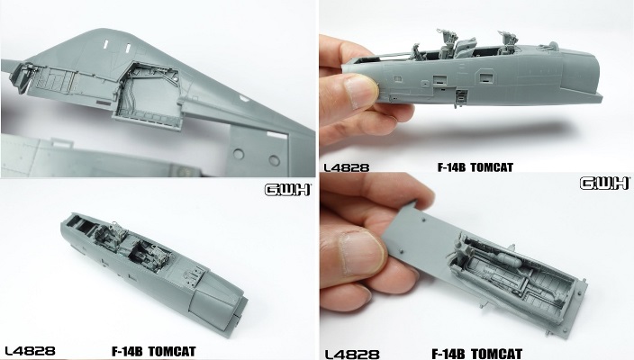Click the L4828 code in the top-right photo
tap(346, 167)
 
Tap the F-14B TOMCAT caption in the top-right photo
tap(475, 167)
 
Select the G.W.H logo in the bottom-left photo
tap(287, 190)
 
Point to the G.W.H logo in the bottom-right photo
tap(604, 184)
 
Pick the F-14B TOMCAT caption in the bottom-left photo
tap(154, 351)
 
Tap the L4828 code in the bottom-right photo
tap(352, 355)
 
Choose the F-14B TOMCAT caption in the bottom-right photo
tap(477, 355)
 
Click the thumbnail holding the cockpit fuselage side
tap(359, 92)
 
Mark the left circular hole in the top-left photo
tap(238, 154)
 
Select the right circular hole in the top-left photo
tap(274, 160)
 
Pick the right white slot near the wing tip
tap(128, 48)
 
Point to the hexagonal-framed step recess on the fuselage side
tap(485, 76)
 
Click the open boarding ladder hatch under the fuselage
tap(461, 98)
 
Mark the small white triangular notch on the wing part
tap(243, 98)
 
